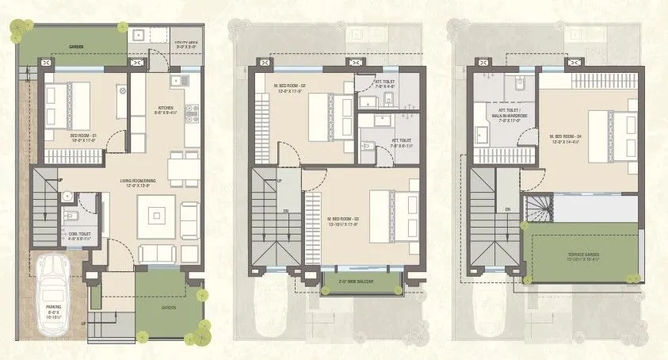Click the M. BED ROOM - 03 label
[x=345, y=220]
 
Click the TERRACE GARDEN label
[x=583, y=255]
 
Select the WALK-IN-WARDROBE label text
[x=504, y=117]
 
